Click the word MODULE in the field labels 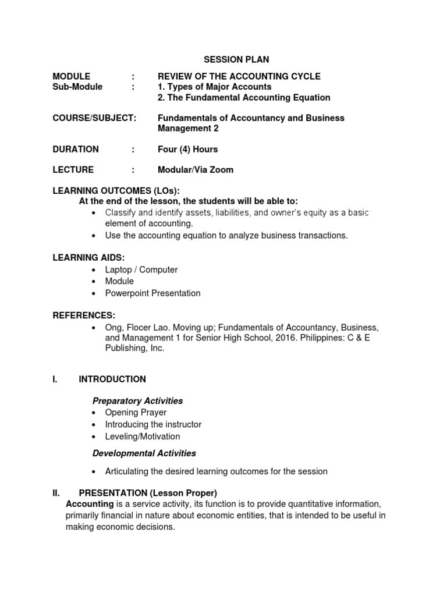pos(72,76)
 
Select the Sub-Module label pos(77,87)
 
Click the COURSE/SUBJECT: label pos(94,118)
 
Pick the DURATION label pos(76,149)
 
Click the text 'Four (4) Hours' pos(187,149)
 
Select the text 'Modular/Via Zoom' pos(196,170)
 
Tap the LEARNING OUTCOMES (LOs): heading pos(116,191)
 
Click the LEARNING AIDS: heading pos(88,257)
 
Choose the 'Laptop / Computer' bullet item pos(141,269)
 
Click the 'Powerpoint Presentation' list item pos(152,293)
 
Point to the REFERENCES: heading pos(84,315)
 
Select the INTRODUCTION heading pos(112,379)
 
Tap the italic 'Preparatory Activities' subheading pos(138,400)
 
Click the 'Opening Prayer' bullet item pos(136,413)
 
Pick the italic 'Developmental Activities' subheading pos(144,453)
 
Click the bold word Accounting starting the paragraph pos(90,503)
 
